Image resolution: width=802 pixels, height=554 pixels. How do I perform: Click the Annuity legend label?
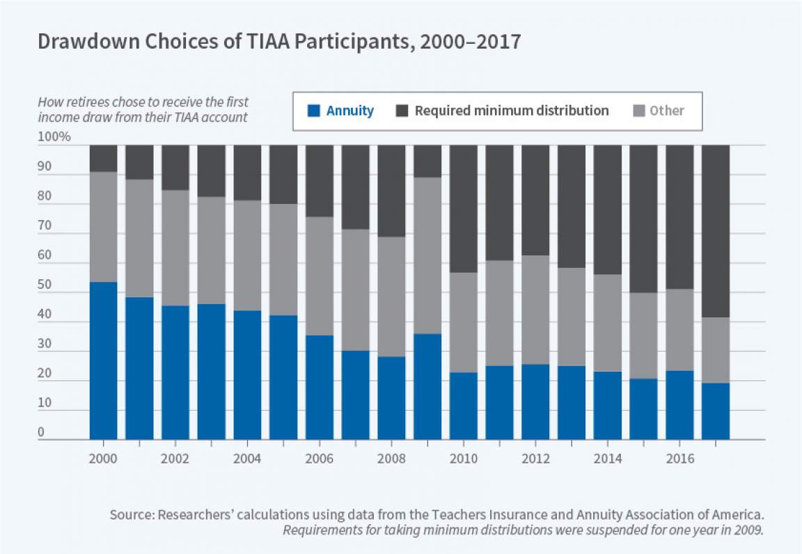[x=350, y=111]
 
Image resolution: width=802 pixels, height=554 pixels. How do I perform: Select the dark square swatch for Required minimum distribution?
[x=402, y=111]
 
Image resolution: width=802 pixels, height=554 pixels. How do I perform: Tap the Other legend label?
[x=667, y=111]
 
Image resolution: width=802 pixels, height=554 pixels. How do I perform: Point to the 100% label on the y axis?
[x=54, y=137]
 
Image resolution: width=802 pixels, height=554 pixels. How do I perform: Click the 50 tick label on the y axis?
[x=45, y=285]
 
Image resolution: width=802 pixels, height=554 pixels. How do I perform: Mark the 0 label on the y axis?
[x=41, y=432]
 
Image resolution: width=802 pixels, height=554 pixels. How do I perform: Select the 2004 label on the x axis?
[x=247, y=459]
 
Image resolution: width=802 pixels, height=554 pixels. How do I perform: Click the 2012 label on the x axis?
[x=535, y=459]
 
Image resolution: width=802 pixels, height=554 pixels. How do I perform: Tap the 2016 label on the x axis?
[x=679, y=459]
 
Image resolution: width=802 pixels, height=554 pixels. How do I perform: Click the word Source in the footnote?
[x=131, y=516]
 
